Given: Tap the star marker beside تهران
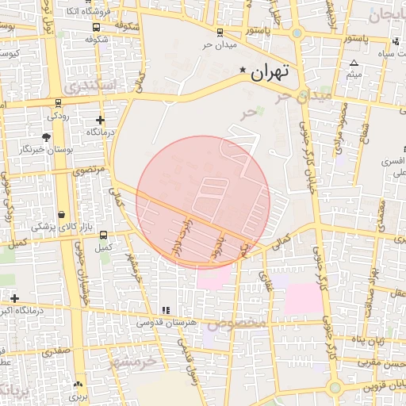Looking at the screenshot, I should [243, 70].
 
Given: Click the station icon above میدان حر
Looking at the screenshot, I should [220, 32].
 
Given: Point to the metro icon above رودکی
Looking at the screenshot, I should [57, 103].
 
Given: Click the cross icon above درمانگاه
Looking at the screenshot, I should [100, 119].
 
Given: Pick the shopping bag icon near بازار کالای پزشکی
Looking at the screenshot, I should [62, 215].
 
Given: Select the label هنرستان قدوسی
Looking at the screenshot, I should [163, 322].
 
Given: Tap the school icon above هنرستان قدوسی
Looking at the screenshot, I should [166, 310].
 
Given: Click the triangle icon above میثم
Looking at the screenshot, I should [354, 63].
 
